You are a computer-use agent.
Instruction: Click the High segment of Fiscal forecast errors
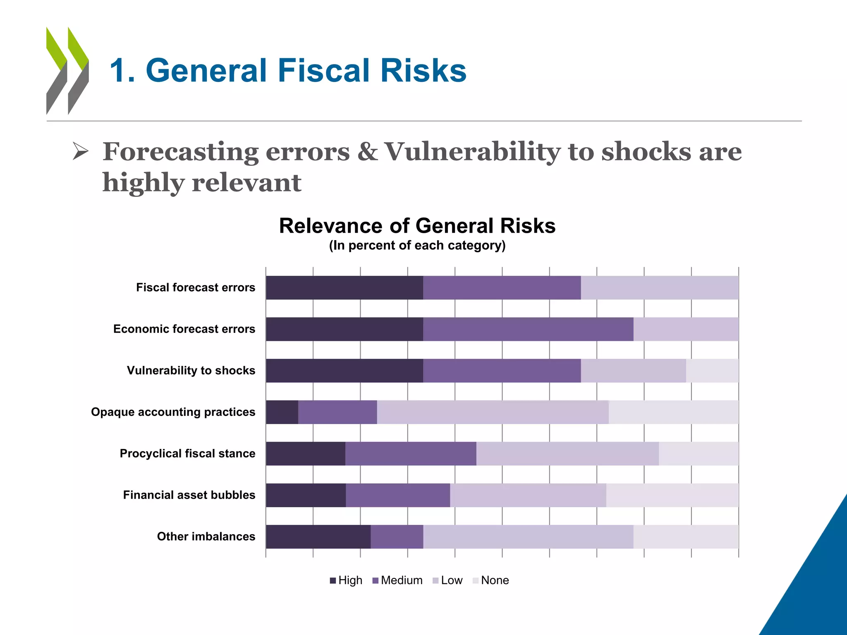344,288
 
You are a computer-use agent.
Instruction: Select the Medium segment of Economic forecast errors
528,329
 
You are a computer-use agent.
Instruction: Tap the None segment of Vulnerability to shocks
712,370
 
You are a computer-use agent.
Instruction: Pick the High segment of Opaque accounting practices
282,412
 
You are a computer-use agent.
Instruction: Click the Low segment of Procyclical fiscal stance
567,454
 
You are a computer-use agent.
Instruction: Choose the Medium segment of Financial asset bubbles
398,495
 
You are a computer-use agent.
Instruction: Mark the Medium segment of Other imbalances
397,537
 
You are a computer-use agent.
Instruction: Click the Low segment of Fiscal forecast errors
659,288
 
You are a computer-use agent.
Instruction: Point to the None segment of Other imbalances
686,537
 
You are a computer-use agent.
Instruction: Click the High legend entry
347,580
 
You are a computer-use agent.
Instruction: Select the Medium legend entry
397,580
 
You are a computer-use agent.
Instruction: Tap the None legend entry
491,580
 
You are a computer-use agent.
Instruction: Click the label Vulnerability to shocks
191,370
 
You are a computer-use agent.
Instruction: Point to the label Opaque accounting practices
173,412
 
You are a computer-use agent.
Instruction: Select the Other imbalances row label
206,537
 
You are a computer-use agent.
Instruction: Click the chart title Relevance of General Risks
417,226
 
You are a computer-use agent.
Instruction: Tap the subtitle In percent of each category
417,246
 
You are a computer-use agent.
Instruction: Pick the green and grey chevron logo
67,71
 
